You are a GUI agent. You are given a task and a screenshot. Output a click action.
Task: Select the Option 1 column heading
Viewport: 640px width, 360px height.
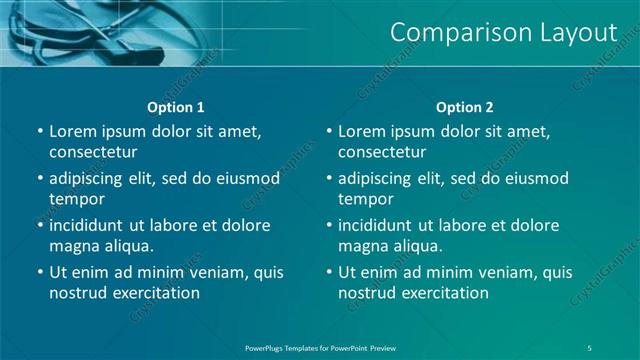[176, 107]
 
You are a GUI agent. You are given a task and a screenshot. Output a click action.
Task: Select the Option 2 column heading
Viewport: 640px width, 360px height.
[465, 107]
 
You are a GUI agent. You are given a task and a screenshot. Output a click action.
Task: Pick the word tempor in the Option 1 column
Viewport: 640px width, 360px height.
[76, 199]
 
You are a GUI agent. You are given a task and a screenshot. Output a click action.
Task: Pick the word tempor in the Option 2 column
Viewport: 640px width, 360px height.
[365, 199]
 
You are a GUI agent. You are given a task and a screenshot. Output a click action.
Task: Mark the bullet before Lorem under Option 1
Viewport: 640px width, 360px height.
[40, 131]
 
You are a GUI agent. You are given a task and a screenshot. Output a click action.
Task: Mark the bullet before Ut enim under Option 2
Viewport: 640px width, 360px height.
[329, 272]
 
